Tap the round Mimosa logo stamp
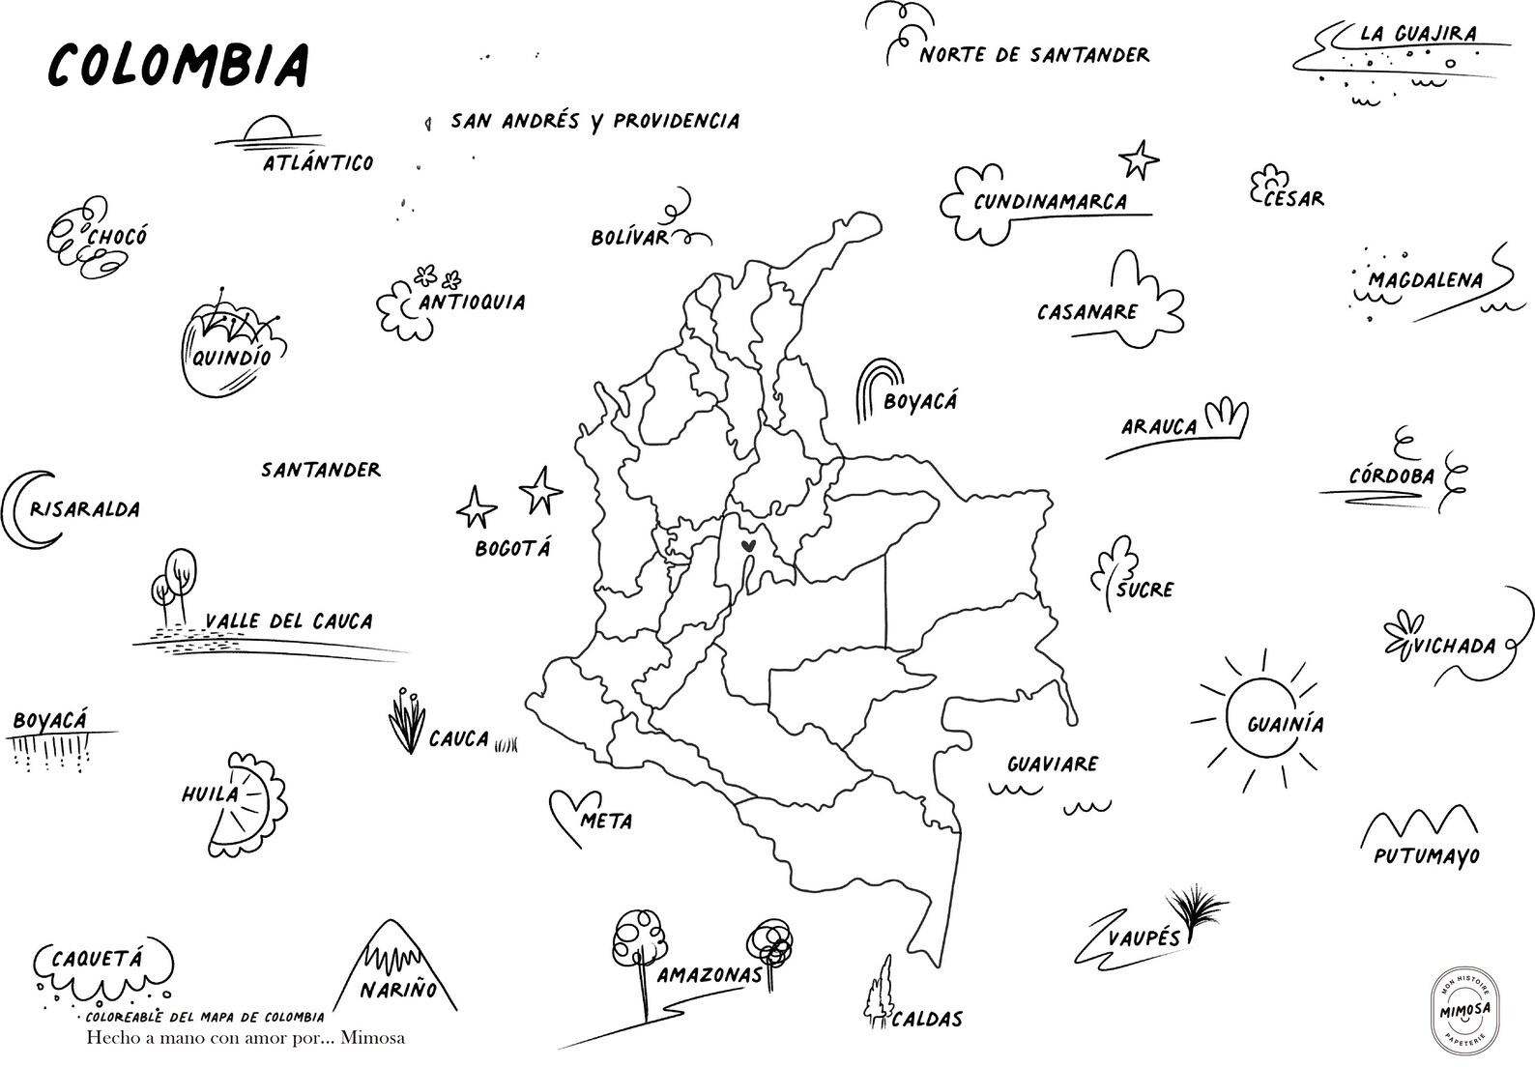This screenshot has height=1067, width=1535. [x=1463, y=1009]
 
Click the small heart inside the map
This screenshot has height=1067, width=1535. [x=747, y=546]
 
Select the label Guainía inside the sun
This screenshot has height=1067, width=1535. [x=1285, y=724]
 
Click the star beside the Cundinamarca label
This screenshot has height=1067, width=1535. [x=1139, y=159]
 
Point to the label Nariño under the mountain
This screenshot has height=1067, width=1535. [x=397, y=989]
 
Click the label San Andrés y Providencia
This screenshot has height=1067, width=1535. [x=594, y=122]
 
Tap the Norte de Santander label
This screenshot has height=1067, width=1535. [x=1034, y=55]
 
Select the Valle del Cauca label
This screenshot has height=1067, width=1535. [x=289, y=621]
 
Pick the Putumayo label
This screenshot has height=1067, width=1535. [x=1426, y=855]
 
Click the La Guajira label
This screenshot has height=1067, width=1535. [x=1418, y=34]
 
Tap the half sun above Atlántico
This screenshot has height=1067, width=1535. [x=267, y=130]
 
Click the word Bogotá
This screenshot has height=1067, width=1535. [x=512, y=548]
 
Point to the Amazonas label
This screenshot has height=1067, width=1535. [x=710, y=975]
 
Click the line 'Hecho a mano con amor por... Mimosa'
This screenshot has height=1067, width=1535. [x=246, y=1038]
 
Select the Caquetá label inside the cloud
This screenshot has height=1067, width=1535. [x=96, y=959]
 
